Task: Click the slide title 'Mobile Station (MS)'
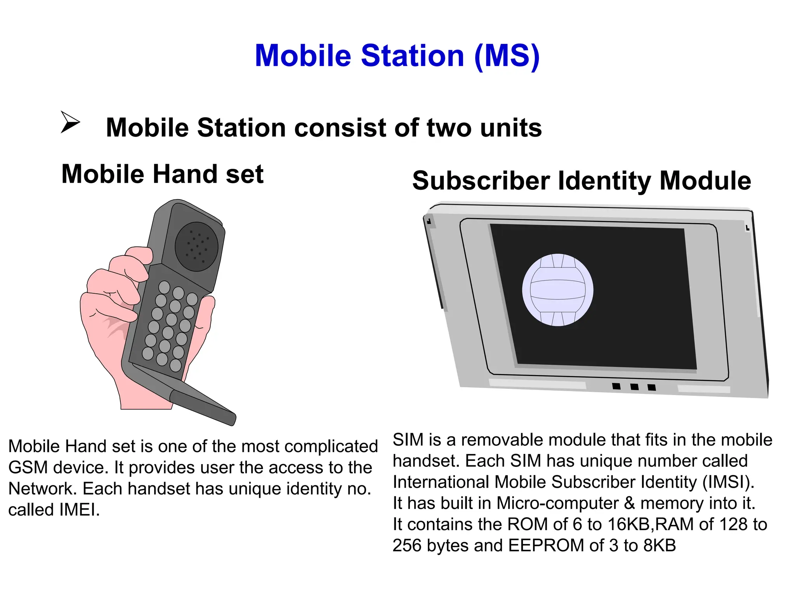tap(397, 56)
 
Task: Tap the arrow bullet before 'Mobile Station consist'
tap(70, 122)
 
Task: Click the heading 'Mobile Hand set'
tap(163, 174)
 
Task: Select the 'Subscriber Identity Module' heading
tap(581, 181)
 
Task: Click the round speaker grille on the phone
tap(196, 246)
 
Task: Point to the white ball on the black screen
tap(557, 290)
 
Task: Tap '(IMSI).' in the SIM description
tap(728, 482)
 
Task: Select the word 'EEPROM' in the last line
tap(546, 546)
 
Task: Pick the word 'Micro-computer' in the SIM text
tap(557, 503)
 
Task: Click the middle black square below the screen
tap(634, 386)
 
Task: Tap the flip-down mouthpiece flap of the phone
tap(202, 405)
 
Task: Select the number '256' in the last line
tap(407, 546)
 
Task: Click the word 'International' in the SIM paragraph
tap(441, 482)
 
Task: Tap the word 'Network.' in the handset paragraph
tap(42, 489)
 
